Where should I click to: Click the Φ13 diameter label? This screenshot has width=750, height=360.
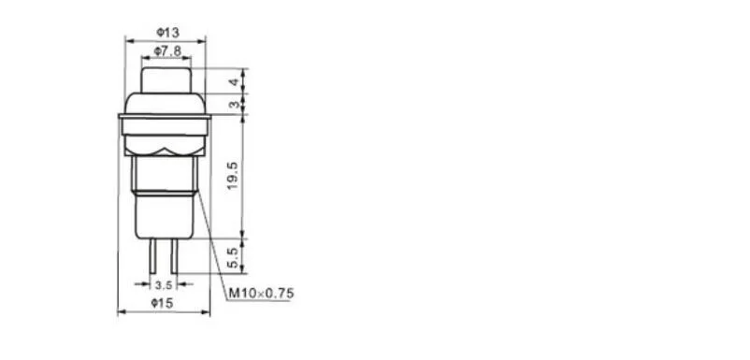(167, 33)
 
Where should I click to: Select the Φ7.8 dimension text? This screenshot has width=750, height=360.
(167, 51)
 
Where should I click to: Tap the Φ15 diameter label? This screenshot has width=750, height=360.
(162, 303)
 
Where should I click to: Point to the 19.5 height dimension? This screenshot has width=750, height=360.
(233, 176)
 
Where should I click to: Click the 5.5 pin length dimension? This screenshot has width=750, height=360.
(233, 258)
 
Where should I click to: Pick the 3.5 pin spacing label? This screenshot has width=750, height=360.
(163, 285)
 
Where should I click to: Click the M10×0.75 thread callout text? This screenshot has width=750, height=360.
(261, 293)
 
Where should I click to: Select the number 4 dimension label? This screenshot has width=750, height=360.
(234, 82)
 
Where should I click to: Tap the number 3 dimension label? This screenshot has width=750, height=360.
(234, 104)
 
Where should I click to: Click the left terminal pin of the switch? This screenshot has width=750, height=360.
(152, 256)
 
